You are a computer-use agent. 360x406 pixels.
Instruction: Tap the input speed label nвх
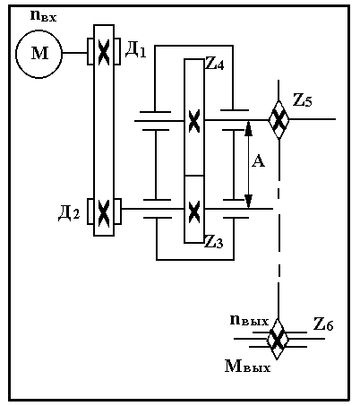pos(43,16)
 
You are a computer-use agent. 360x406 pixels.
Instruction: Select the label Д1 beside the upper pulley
pos(136,49)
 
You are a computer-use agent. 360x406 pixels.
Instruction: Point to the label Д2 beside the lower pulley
pos(69,213)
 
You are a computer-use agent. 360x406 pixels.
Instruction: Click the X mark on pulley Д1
pos(103,52)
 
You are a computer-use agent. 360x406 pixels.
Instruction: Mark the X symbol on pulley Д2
pos(104,213)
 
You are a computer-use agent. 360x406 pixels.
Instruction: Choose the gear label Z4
pos(215,64)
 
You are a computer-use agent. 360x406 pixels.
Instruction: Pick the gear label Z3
pos(214,243)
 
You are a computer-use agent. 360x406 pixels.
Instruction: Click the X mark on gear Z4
pos(194,121)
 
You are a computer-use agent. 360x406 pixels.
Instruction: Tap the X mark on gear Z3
pos(194,212)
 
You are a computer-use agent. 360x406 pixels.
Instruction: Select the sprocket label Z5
pos(303,100)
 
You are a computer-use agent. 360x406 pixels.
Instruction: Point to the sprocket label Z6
pos(323,324)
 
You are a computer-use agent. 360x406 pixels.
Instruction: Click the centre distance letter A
pos(258,161)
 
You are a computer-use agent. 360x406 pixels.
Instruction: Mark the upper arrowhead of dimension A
pos(249,128)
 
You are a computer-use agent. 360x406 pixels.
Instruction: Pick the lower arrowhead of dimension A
pos(249,201)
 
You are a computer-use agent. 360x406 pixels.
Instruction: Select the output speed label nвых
pos(249,321)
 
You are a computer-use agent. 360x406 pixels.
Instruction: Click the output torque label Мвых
pos(247,366)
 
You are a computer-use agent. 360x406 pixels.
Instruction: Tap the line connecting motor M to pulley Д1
pos(75,53)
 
